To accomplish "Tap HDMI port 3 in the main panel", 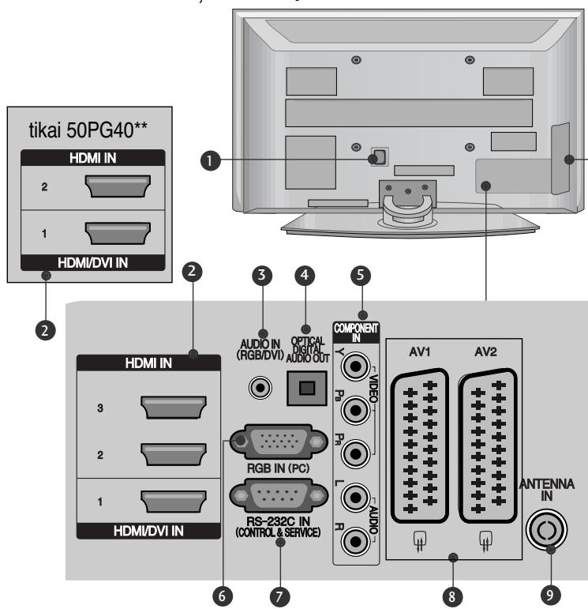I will pos(166,412).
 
